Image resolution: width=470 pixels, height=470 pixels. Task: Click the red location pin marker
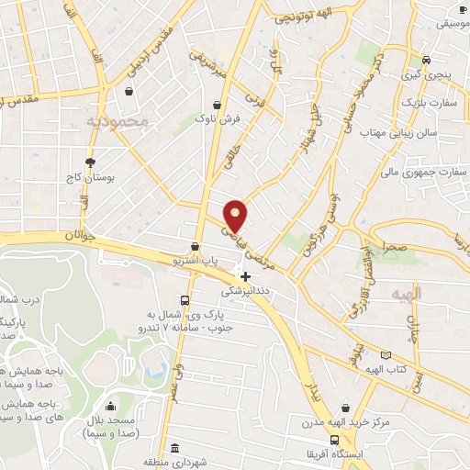(x=237, y=215)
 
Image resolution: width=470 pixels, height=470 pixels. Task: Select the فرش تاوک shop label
(x=221, y=119)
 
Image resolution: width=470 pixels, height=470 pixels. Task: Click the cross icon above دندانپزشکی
(x=245, y=276)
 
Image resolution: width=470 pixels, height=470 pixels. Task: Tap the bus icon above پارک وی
(x=186, y=300)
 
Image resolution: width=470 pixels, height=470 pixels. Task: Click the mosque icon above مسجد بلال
(x=111, y=406)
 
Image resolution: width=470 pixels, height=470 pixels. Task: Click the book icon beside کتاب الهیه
(x=386, y=354)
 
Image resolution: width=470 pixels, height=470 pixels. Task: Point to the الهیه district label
(x=407, y=293)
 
